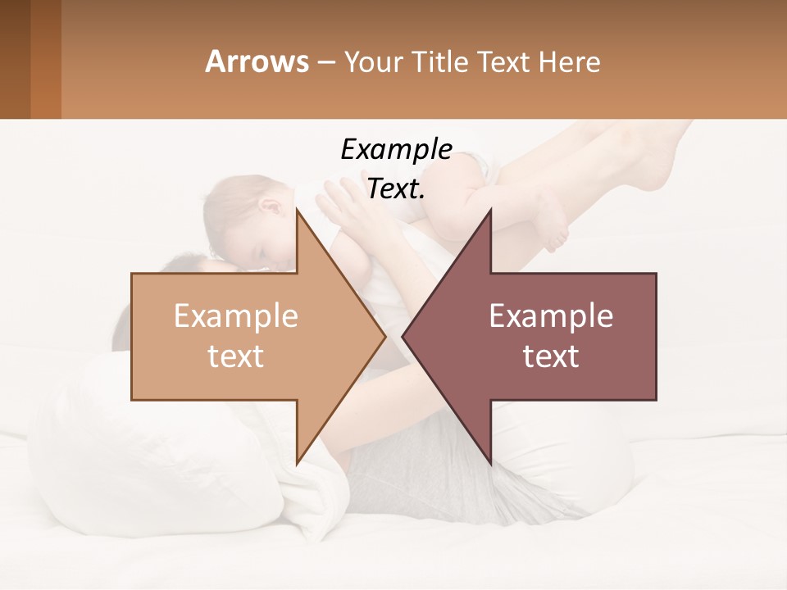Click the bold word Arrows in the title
(x=257, y=61)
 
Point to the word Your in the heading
(x=372, y=62)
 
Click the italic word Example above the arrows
(x=396, y=149)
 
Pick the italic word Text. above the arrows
(x=396, y=188)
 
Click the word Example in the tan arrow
(x=235, y=316)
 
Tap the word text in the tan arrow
(x=235, y=356)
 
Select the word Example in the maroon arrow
(x=551, y=316)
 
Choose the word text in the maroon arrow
(x=551, y=356)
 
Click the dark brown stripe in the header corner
(x=15, y=59)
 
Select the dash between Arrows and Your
(x=325, y=62)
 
